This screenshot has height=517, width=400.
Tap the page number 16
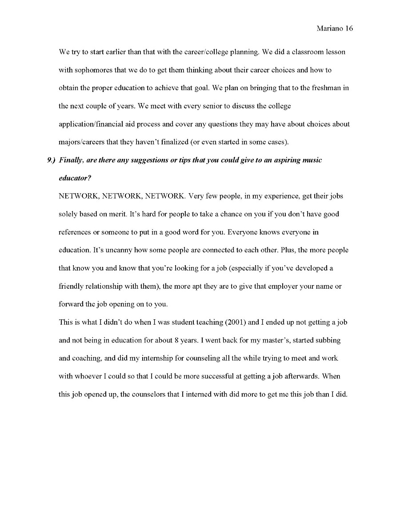(x=348, y=28)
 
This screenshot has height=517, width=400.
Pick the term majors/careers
(x=81, y=142)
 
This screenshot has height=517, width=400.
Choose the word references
(x=75, y=232)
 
